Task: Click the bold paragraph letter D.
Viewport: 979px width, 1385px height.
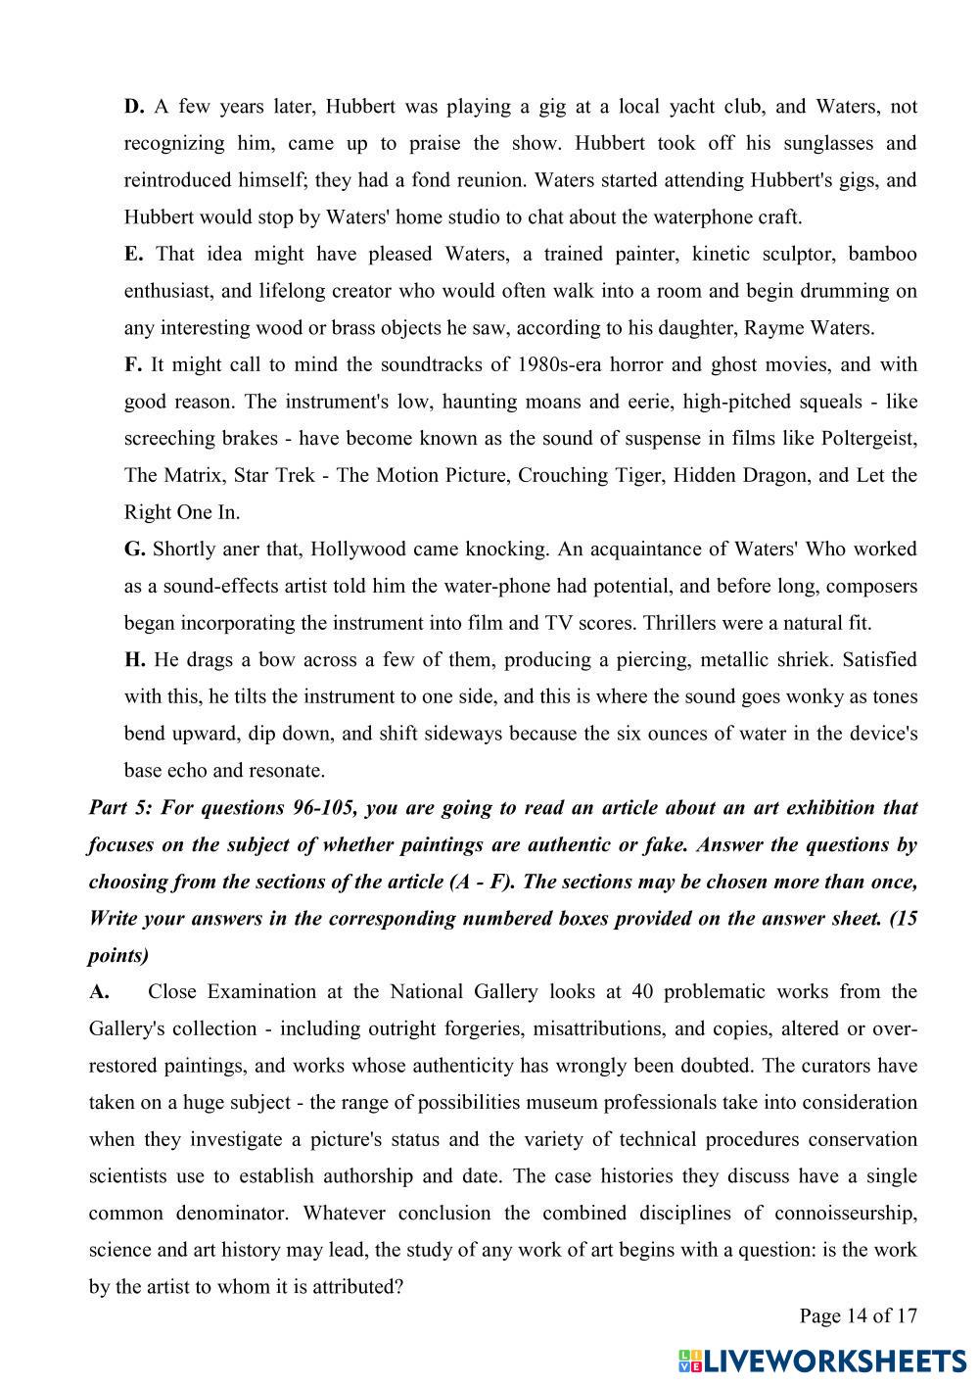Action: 134,107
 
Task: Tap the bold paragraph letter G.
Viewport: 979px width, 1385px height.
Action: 135,549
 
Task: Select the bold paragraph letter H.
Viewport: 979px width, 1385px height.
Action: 135,660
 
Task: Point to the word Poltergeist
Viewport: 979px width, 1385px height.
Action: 867,439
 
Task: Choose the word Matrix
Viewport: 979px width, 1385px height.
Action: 195,476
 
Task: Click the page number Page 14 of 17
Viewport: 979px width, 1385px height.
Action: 858,1315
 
